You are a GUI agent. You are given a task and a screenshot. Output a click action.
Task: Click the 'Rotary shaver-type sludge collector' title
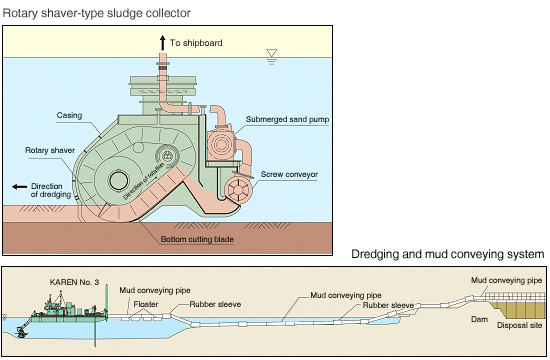96,13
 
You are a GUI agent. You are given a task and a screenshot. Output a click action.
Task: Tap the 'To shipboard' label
196,43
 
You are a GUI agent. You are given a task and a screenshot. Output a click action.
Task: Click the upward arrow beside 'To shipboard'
162,43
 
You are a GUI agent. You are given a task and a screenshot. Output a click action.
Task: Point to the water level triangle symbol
271,53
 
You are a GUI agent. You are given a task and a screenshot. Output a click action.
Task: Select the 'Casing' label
69,115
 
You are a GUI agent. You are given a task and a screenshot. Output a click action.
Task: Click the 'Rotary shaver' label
50,151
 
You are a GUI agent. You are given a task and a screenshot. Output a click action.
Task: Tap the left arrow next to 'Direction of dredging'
20,187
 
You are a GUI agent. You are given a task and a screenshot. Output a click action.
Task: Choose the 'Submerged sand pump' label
287,119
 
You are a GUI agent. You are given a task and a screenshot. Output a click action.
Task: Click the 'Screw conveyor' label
289,174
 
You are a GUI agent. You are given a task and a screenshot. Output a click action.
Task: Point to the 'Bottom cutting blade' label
197,239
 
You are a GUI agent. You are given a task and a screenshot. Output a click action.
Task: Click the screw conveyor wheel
238,190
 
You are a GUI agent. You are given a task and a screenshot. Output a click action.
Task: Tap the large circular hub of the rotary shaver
120,181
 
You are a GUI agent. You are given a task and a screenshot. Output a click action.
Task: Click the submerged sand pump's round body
220,145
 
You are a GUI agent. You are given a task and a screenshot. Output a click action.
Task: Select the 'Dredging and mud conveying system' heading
448,254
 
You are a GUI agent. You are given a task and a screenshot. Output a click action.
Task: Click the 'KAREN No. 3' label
74,282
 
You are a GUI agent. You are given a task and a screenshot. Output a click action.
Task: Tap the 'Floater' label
146,304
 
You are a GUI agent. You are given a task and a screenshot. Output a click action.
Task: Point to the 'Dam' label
479,319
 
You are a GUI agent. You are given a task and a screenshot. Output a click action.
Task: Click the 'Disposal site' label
519,325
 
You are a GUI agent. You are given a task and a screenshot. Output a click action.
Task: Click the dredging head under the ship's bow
22,332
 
